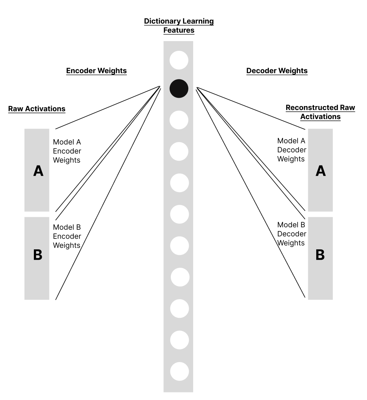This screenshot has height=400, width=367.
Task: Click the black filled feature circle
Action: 179,88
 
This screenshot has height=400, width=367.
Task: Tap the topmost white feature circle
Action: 179,60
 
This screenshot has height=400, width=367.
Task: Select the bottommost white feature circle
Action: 179,371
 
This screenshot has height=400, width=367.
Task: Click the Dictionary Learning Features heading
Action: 179,26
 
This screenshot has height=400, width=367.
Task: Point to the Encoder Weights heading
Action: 96,71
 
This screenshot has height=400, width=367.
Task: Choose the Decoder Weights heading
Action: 277,71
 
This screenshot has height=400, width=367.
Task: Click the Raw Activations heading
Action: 37,109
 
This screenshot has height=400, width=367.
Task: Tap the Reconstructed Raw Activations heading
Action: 320,112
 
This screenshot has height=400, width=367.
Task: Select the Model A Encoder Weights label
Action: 67,151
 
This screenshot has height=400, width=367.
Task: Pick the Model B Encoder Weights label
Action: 67,236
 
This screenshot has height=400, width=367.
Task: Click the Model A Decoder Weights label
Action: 292,150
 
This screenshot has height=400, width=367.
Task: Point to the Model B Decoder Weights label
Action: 292,234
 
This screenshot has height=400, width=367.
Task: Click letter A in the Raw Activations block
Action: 38,171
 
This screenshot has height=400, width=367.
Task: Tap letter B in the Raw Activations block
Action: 38,255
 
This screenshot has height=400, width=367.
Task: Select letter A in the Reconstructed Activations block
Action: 321,171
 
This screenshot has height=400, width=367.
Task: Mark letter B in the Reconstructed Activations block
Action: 320,255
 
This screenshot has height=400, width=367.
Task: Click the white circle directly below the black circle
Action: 179,120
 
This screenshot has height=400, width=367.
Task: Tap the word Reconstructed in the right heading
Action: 311,108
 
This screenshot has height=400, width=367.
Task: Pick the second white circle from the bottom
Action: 179,340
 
